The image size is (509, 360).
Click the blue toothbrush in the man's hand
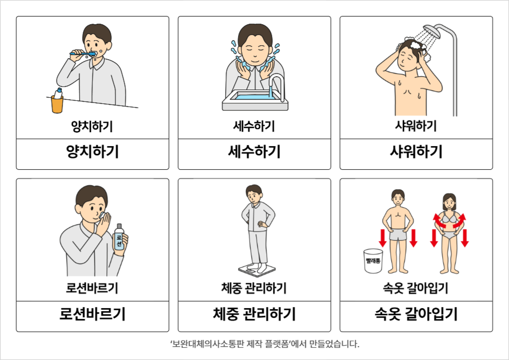83,53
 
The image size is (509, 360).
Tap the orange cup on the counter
57,104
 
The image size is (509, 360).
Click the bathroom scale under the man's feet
257,270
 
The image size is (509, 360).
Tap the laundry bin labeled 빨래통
373,261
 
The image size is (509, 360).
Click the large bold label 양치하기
93,152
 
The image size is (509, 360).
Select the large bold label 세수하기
254,152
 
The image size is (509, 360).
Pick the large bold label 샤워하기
416,152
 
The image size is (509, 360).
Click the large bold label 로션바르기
93,314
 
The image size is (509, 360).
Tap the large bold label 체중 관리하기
254,314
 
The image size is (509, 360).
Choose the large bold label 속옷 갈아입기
416,314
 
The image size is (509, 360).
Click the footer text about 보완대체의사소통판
265,344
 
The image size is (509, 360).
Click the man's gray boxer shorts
397,235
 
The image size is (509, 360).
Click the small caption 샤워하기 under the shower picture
416,126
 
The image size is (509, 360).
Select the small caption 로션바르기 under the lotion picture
93,288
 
